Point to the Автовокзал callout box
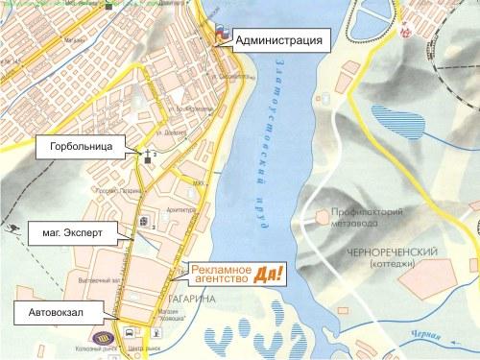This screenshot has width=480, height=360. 52,311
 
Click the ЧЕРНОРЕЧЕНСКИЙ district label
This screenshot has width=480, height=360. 396,251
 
